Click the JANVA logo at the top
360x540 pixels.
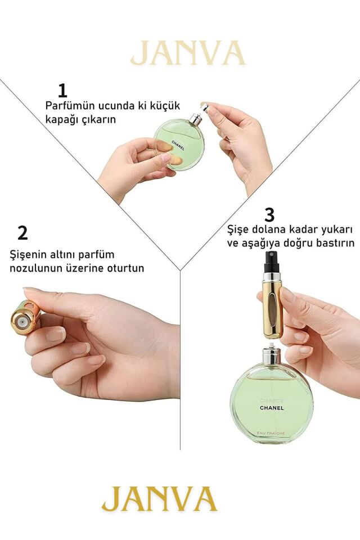click(188, 53)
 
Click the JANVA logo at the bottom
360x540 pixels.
click(159, 498)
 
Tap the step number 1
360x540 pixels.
click(62, 91)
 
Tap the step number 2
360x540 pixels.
click(22, 232)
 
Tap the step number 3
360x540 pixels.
click(269, 214)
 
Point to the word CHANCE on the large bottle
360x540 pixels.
click(272, 400)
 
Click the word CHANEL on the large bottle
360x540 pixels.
click(272, 408)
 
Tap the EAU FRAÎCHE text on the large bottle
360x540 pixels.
click(272, 432)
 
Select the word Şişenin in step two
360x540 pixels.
click(29, 254)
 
